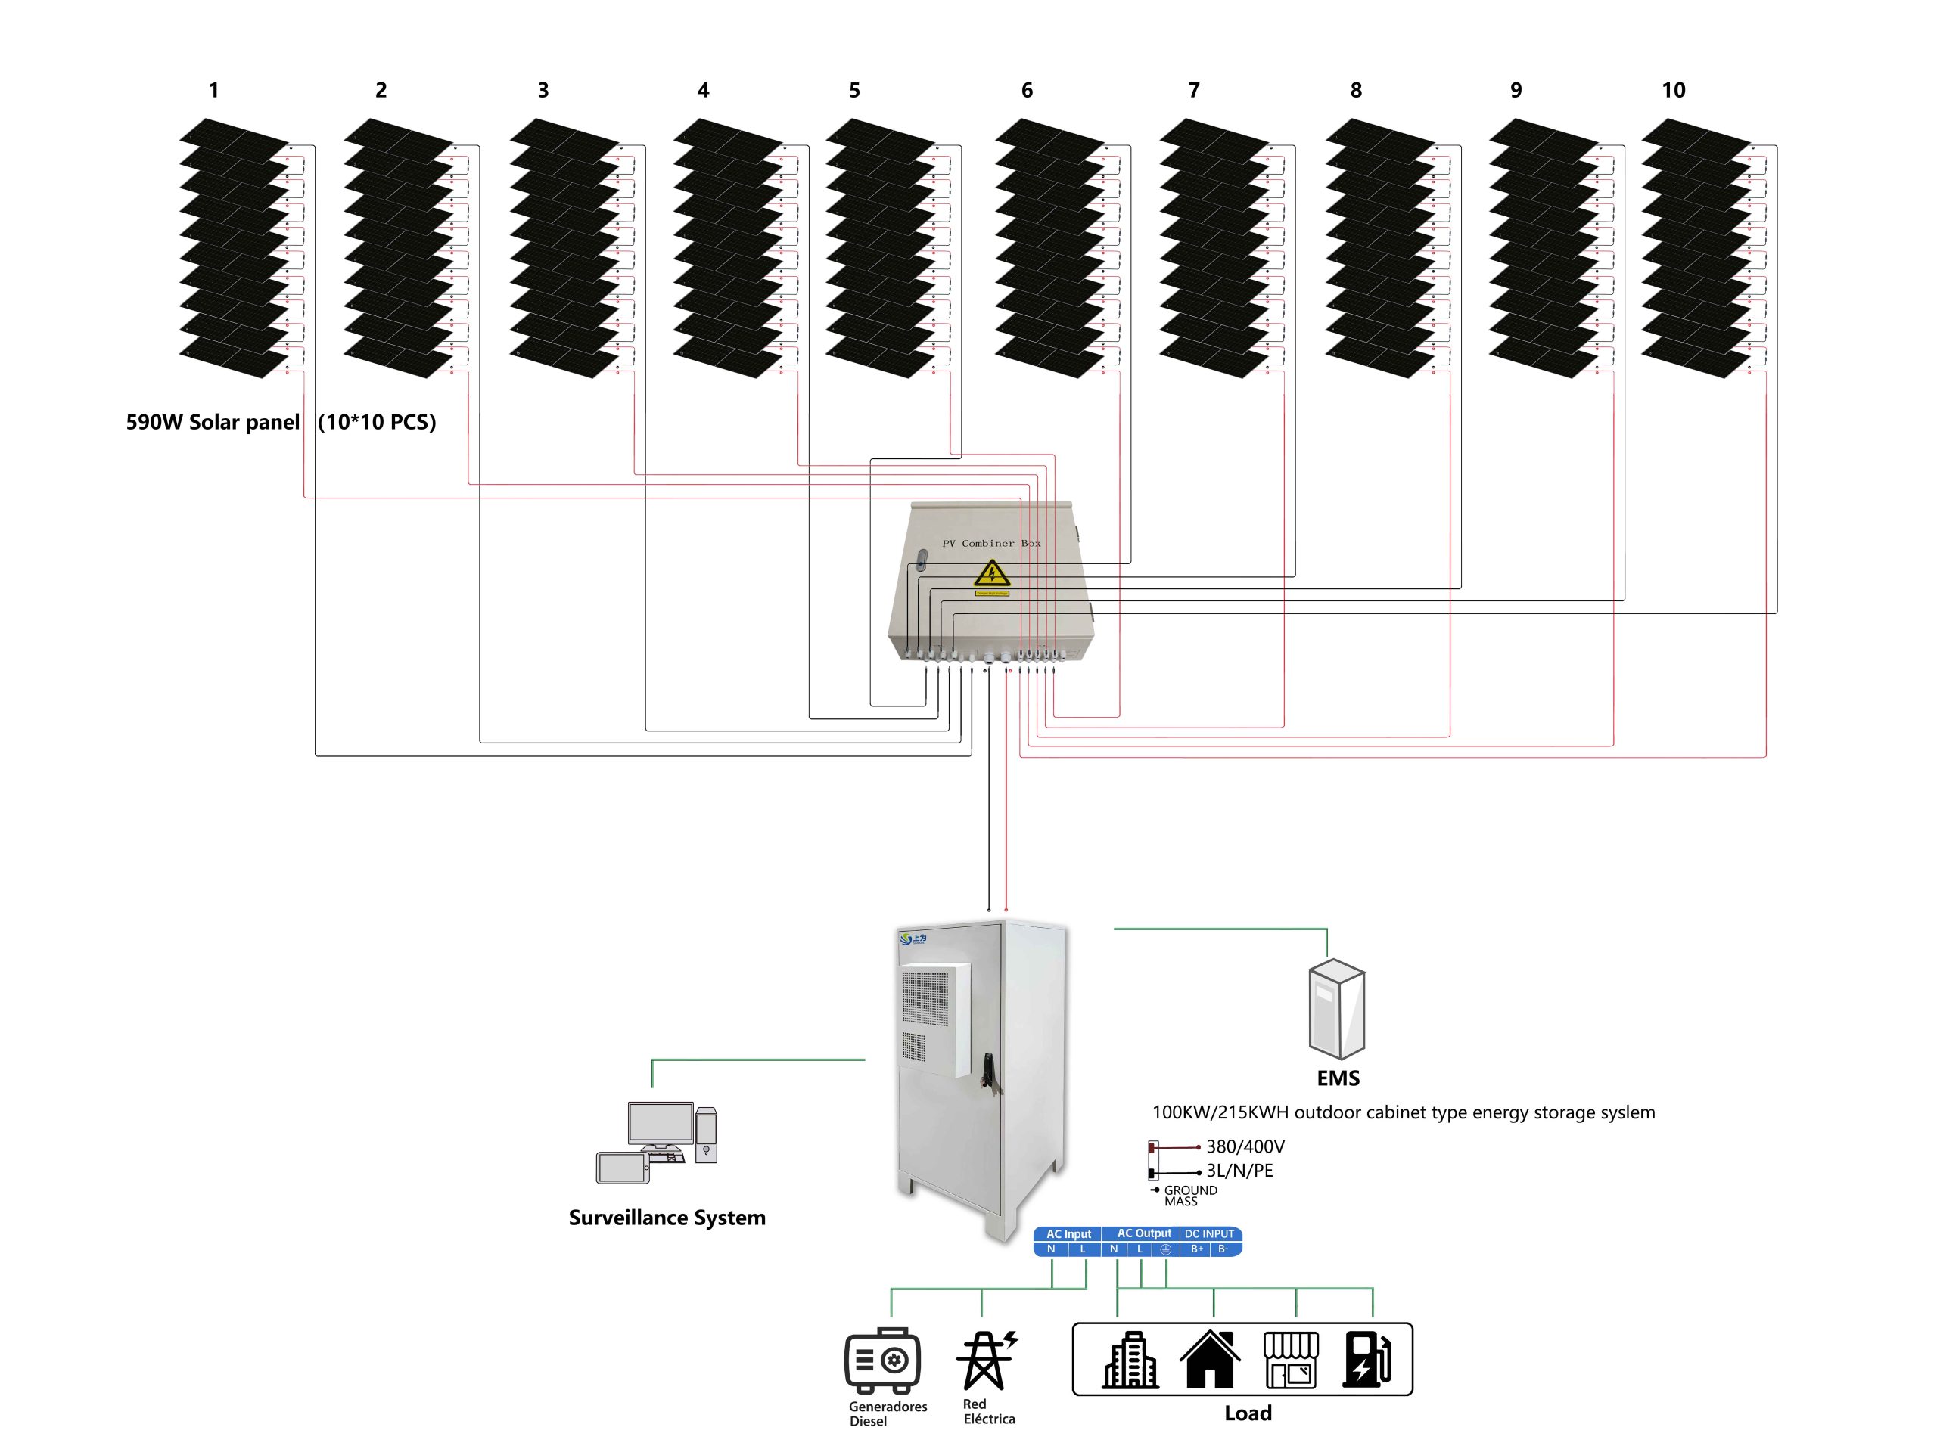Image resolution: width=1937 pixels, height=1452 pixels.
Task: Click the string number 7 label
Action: click(x=1193, y=90)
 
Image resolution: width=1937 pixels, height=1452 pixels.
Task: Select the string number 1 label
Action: click(x=213, y=90)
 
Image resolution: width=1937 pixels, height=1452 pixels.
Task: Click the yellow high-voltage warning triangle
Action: click(x=992, y=574)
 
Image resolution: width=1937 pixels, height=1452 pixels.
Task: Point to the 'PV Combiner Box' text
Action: click(x=990, y=544)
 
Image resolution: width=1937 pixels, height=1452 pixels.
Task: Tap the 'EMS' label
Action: click(x=1338, y=1078)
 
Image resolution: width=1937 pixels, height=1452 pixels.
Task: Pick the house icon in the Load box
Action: click(x=1210, y=1359)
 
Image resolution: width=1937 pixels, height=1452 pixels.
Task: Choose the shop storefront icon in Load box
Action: click(x=1291, y=1359)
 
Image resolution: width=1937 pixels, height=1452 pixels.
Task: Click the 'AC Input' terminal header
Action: click(x=1068, y=1234)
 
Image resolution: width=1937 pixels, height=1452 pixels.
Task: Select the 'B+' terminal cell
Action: click(x=1197, y=1249)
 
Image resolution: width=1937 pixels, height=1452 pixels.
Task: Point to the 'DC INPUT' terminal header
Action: click(x=1209, y=1234)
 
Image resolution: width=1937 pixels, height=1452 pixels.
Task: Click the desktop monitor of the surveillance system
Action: click(x=661, y=1125)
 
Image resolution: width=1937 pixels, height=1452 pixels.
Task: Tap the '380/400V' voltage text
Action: click(x=1245, y=1146)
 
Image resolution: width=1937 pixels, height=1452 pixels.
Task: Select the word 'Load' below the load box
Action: click(x=1248, y=1413)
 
